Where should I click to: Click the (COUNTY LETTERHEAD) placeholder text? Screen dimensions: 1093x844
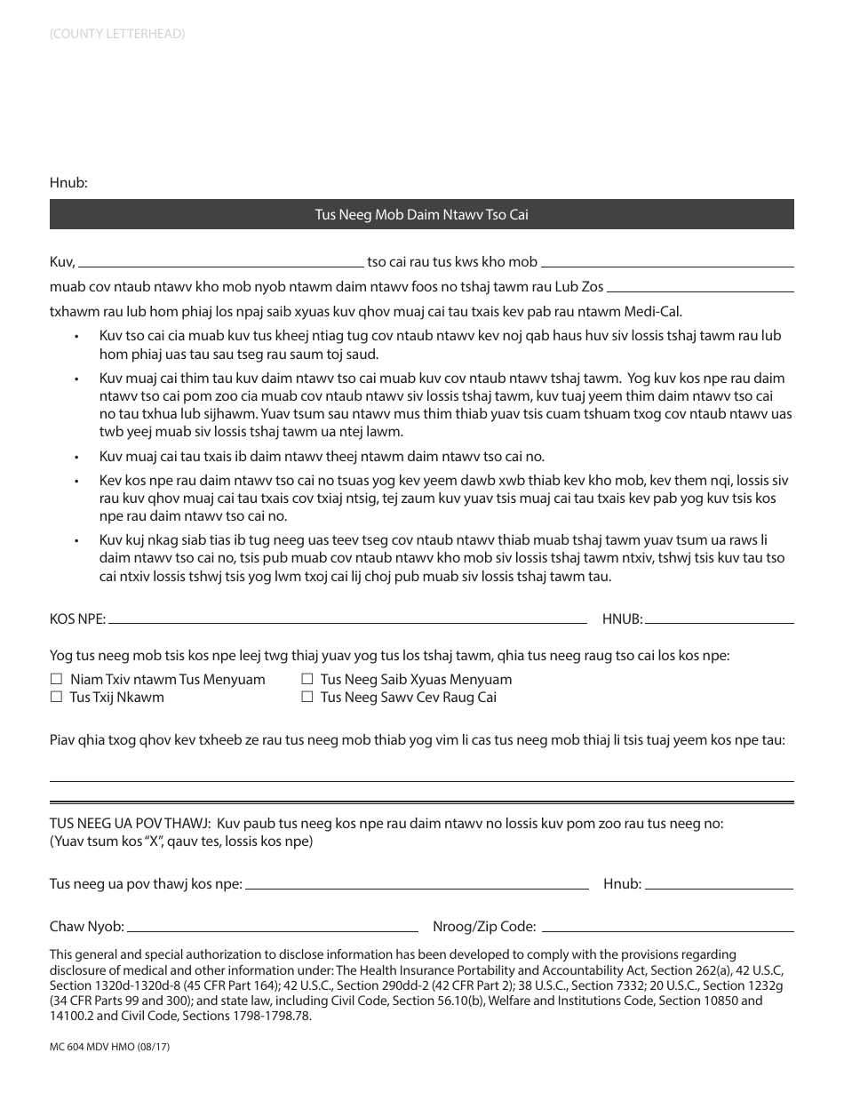[x=117, y=35]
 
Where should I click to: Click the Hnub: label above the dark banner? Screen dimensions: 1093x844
[x=68, y=183]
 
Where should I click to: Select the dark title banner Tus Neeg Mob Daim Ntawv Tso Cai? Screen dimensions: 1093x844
[x=421, y=214]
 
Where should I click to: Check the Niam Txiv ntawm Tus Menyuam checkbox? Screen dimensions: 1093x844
[x=57, y=680]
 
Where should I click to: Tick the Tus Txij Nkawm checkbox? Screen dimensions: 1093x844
[x=57, y=698]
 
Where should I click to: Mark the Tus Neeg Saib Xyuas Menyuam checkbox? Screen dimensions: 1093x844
[x=307, y=680]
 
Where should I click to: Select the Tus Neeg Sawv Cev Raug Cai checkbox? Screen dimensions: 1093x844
[x=307, y=698]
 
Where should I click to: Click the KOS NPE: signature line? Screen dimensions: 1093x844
[x=346, y=620]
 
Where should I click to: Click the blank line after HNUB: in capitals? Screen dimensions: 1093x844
[x=720, y=620]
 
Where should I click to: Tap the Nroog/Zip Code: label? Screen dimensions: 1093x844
[x=484, y=927]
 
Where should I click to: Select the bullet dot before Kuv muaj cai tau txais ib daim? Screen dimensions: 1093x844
[x=77, y=457]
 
